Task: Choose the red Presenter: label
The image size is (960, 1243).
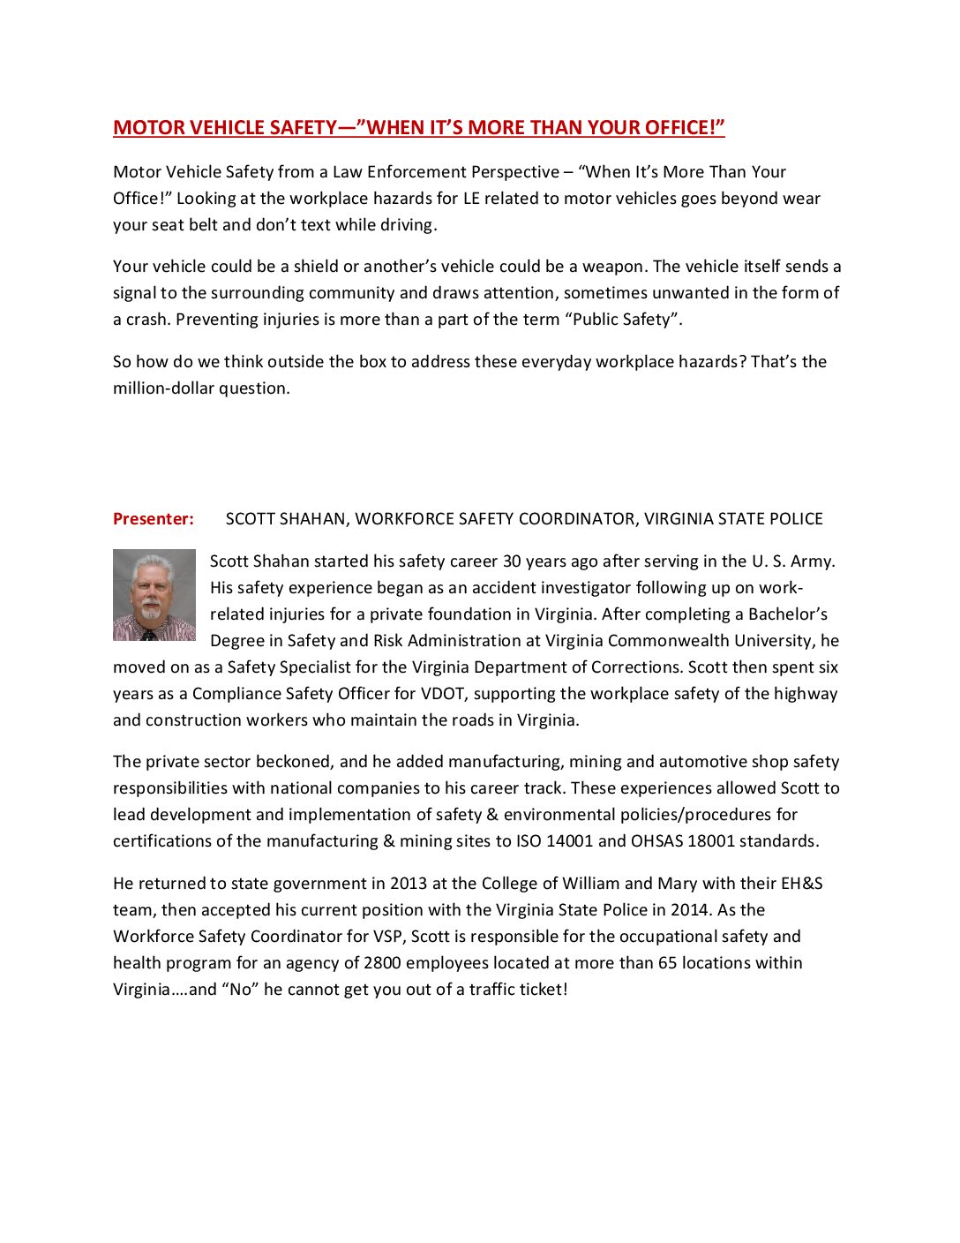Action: [x=154, y=519]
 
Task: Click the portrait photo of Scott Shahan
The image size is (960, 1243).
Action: [x=154, y=595]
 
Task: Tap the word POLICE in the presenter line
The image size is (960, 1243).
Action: [x=792, y=519]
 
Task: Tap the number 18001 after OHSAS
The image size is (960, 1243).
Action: [x=710, y=841]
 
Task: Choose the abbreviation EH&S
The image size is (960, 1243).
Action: [x=801, y=884]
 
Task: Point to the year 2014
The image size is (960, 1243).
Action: [x=688, y=910]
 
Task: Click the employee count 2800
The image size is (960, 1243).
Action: [x=382, y=963]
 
